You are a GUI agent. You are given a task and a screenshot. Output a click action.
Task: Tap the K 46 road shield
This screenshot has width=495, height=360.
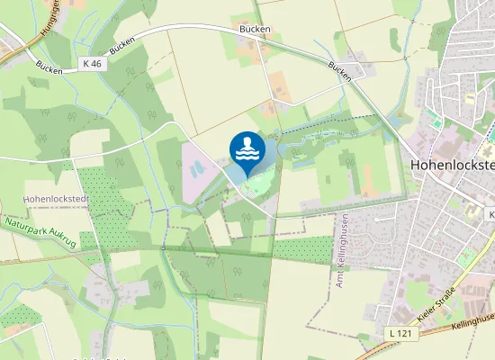pyautogui.click(x=92, y=64)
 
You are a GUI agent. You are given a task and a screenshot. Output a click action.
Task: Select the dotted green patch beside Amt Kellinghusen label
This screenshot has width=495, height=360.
pyautogui.click(x=301, y=249)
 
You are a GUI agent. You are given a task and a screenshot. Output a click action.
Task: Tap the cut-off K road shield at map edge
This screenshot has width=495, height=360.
pyautogui.click(x=491, y=214)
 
